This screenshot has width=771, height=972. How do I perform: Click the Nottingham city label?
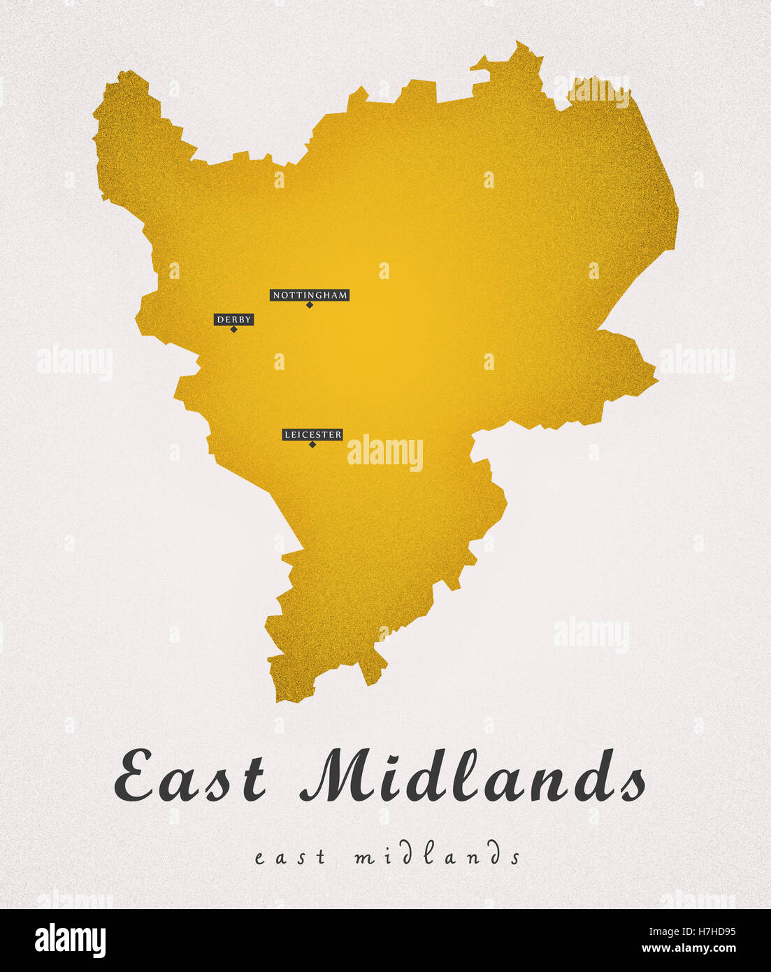(310, 295)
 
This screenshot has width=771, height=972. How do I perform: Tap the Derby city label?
(233, 320)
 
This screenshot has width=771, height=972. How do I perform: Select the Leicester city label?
(312, 435)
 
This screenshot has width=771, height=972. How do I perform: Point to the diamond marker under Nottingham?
(310, 305)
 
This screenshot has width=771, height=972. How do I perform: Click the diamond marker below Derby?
(233, 329)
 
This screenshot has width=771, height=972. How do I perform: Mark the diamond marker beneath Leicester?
(312, 445)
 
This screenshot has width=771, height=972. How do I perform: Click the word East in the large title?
(190, 776)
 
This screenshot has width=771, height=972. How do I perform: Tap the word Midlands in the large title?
(473, 776)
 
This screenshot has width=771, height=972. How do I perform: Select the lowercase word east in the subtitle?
(290, 857)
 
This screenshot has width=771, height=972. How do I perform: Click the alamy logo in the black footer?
(70, 941)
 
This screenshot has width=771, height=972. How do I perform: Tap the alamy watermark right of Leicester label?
(385, 452)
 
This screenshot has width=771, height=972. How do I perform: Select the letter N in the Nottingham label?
(276, 296)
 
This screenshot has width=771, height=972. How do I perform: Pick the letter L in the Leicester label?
(287, 435)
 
